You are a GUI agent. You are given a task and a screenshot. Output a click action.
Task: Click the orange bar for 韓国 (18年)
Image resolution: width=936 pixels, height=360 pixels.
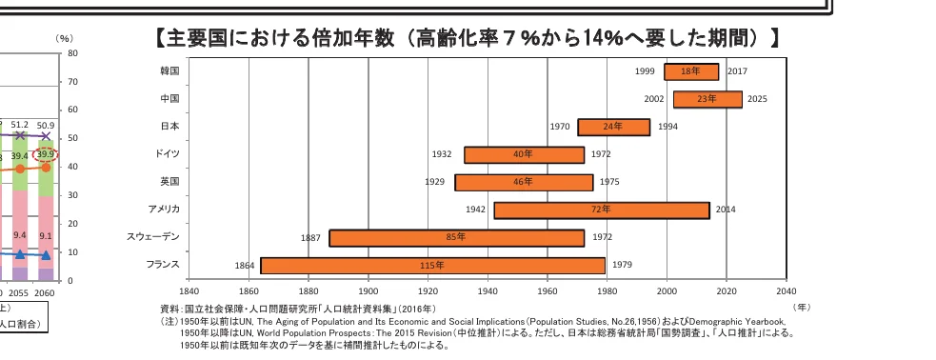click(x=691, y=71)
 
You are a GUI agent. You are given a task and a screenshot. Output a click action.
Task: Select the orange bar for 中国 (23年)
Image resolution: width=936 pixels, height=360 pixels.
click(x=707, y=99)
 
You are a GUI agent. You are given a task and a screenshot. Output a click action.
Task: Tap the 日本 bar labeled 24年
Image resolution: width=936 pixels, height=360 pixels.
click(x=613, y=127)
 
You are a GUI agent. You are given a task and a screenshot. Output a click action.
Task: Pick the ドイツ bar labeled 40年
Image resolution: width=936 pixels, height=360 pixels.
click(x=524, y=154)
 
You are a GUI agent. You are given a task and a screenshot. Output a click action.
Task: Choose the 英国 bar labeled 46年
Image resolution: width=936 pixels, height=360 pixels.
click(x=524, y=182)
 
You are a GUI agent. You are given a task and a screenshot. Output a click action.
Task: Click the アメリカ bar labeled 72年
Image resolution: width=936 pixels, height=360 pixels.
click(x=601, y=210)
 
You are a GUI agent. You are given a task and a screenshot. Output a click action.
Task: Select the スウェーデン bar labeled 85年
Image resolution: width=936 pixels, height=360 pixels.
click(x=456, y=237)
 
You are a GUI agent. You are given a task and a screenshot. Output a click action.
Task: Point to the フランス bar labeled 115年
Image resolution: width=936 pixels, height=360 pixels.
click(x=433, y=265)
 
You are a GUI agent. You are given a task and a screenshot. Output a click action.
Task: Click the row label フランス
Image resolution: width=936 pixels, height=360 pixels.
click(x=162, y=264)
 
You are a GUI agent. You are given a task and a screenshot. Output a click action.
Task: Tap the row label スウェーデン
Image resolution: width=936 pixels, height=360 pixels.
click(x=152, y=236)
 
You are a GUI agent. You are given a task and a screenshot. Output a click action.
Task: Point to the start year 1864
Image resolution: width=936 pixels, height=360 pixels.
click(x=244, y=266)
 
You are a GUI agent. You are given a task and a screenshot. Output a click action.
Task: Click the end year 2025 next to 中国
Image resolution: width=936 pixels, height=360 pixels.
click(x=756, y=99)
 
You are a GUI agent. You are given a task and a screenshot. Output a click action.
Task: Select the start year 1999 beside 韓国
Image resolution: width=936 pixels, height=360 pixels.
click(x=645, y=71)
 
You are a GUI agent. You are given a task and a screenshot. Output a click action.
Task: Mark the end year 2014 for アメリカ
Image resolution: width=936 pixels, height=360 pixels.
click(x=726, y=210)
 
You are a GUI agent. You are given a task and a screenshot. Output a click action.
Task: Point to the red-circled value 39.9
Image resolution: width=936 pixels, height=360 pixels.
click(x=46, y=154)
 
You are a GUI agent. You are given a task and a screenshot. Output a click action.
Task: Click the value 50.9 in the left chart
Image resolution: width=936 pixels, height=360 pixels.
click(x=46, y=125)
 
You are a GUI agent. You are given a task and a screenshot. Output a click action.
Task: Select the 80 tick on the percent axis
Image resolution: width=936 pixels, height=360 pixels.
click(x=71, y=53)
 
